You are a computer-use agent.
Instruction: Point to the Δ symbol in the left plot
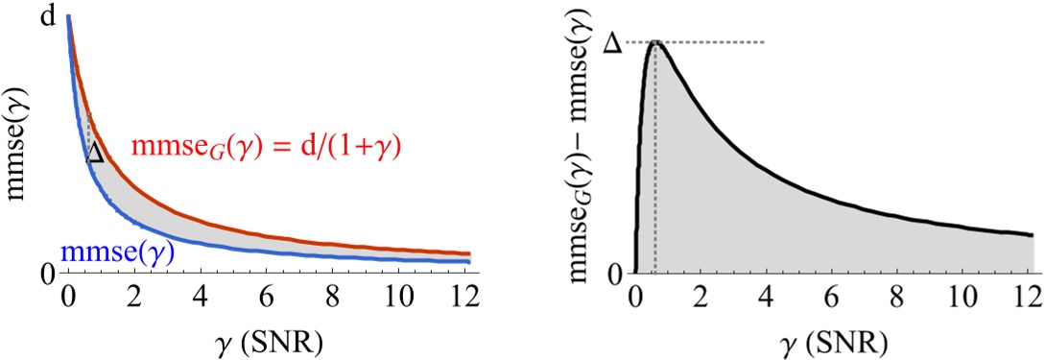click(94, 154)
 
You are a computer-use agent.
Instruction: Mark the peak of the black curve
click(655, 42)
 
